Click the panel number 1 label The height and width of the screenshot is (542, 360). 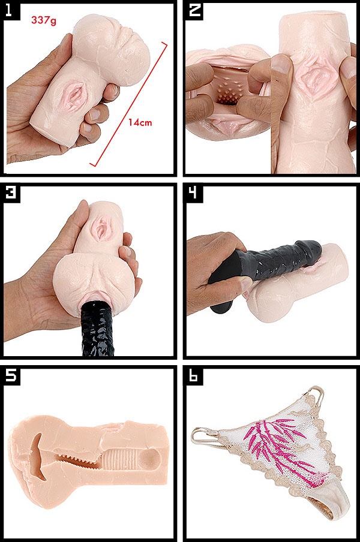click(x=8, y=10)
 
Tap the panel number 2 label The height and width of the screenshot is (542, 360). click(x=194, y=10)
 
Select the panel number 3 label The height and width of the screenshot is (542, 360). click(x=11, y=192)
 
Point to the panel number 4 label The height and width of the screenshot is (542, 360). click(x=194, y=192)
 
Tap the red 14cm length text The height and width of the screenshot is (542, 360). click(x=140, y=122)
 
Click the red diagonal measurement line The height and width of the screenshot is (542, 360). click(x=128, y=104)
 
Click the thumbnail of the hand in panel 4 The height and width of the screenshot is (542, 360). click(x=247, y=284)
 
